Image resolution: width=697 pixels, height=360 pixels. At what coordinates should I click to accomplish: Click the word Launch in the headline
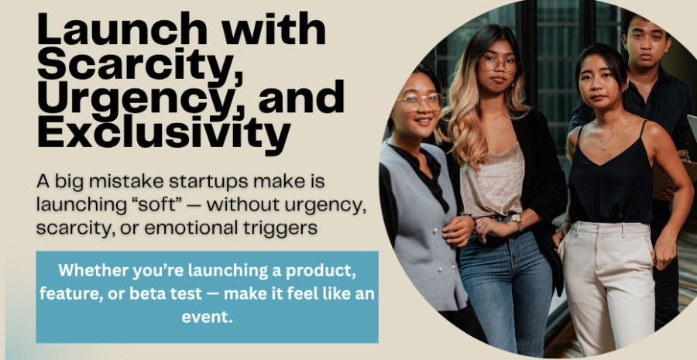(x=122, y=29)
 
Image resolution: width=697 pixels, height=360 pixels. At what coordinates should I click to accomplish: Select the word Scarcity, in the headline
(x=140, y=64)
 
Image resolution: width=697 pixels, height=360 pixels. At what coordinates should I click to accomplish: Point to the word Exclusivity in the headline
(x=164, y=133)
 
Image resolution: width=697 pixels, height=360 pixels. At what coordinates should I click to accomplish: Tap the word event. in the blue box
(x=207, y=317)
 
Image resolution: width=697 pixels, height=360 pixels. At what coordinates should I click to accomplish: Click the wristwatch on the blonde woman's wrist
(x=517, y=221)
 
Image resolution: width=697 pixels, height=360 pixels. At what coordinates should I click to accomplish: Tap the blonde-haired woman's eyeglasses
(x=500, y=64)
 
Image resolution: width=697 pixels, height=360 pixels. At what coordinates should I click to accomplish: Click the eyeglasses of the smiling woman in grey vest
(x=420, y=101)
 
